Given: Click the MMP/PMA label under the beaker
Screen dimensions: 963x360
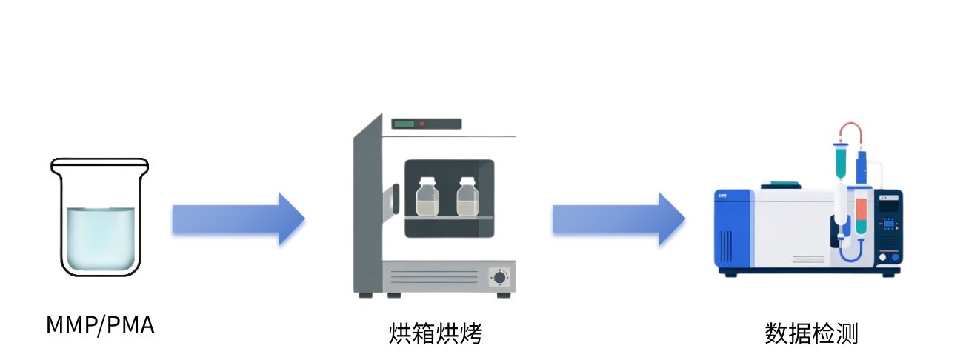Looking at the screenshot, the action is tap(100, 325).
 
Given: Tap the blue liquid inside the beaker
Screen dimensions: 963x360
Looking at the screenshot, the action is tap(101, 239).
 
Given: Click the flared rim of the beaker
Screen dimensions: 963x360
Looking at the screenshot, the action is tap(100, 165).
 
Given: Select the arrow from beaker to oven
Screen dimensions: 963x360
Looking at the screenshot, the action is tap(239, 219).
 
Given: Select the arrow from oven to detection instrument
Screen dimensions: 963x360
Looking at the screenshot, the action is tap(619, 219).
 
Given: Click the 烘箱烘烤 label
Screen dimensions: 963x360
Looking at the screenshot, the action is tap(436, 333).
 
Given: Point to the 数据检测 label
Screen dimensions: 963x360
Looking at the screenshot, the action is tap(811, 333).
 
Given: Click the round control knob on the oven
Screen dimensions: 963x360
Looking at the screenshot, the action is tap(499, 278).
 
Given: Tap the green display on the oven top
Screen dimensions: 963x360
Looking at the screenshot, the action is tap(404, 124).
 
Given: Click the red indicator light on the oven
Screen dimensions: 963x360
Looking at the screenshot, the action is tap(421, 124).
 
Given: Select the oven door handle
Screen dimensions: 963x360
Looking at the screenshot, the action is tap(395, 199).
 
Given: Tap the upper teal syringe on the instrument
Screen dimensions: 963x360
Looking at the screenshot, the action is tap(841, 161).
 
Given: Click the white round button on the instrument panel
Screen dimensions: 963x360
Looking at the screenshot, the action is tap(882, 257).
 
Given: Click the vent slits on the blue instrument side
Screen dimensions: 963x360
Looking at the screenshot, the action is tap(726, 247).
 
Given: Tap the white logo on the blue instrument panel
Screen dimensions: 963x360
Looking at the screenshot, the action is tap(722, 196).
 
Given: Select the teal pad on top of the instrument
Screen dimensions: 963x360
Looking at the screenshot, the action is tap(782, 184).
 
